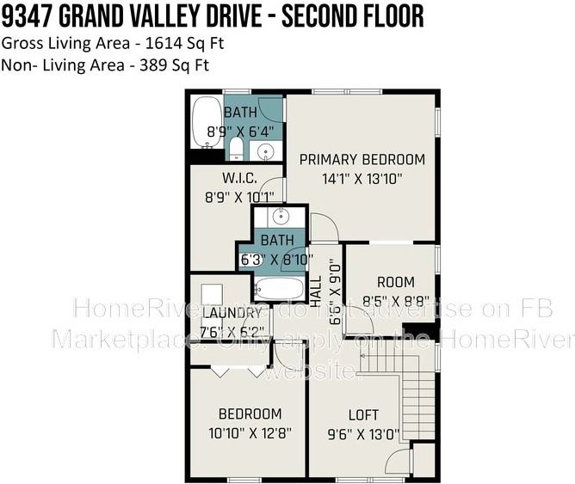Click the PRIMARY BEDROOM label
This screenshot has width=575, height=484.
coord(362,159)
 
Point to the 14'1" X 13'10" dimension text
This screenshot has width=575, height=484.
coord(362,179)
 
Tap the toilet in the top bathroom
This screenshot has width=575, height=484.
coord(236,150)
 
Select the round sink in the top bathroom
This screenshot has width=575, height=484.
coord(266,152)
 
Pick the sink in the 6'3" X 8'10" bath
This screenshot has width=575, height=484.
coord(278,216)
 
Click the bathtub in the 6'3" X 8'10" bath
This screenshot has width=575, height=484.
coord(279,288)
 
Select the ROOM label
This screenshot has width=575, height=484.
coord(395,281)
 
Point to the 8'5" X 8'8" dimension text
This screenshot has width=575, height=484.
coord(395,301)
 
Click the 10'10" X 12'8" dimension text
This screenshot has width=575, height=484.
coord(249,432)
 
